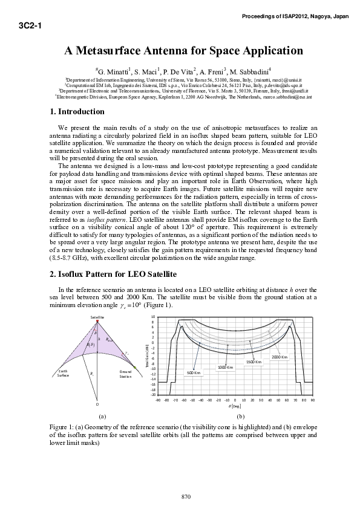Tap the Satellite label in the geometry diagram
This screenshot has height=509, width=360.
(x=97, y=317)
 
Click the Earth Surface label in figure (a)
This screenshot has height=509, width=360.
(x=64, y=373)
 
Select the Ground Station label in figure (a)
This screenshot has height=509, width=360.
(x=126, y=374)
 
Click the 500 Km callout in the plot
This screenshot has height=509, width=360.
(x=193, y=372)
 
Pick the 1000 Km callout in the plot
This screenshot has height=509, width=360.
(x=226, y=367)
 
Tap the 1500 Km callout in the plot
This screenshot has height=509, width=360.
(x=254, y=361)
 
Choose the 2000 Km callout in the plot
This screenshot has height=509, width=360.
(x=280, y=357)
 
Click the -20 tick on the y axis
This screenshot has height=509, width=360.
(x=154, y=394)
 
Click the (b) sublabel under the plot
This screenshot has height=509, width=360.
(x=241, y=417)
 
